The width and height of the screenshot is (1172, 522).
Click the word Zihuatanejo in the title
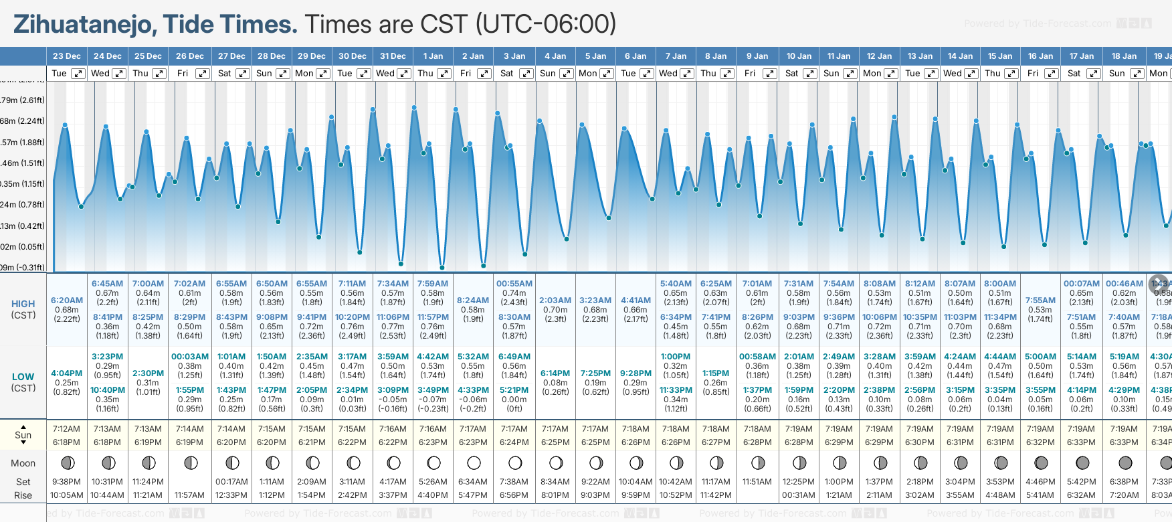[x=83, y=25]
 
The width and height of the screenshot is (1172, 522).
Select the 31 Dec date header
[x=393, y=56]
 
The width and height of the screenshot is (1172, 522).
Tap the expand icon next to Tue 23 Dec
[x=78, y=74]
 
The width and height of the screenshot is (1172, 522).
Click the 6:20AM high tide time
[x=67, y=300]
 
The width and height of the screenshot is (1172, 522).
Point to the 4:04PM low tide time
[x=67, y=373]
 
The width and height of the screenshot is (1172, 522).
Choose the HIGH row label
[x=23, y=304]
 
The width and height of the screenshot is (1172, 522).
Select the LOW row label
[x=23, y=377]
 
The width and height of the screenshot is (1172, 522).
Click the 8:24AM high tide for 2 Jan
[x=473, y=300]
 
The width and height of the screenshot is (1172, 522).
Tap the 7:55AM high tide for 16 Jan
[x=1040, y=300]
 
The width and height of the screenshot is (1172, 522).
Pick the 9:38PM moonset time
[x=67, y=482]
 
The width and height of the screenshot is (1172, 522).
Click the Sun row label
[x=23, y=435]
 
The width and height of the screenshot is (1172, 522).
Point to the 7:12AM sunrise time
[x=67, y=429]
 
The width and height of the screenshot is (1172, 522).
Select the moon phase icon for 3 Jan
[x=514, y=462]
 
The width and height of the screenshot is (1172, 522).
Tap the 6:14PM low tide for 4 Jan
[x=555, y=373]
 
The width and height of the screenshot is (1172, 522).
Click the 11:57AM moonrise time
[x=189, y=495]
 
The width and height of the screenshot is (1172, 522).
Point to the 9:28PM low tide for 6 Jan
[x=636, y=373]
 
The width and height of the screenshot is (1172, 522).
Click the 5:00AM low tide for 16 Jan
[x=1040, y=357]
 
